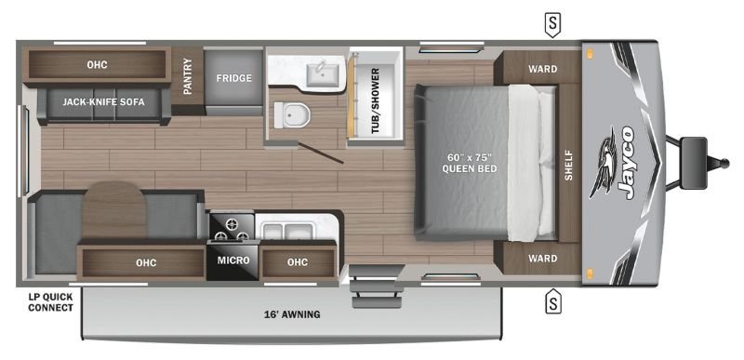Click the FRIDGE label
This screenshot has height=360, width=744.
tap(234, 78)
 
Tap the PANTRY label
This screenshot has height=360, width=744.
tap(188, 76)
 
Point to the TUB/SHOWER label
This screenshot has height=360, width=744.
tap(376, 100)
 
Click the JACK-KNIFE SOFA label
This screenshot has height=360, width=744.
tap(104, 102)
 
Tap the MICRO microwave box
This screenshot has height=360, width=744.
tap(233, 260)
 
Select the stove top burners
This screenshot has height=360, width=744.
tap(232, 227)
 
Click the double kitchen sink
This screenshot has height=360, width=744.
tap(288, 232)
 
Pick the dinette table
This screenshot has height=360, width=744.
tap(113, 211)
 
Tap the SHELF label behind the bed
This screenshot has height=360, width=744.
tap(569, 165)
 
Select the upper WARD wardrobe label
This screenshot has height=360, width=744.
tap(543, 69)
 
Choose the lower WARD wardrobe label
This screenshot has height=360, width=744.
tap(543, 259)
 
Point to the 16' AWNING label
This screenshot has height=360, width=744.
tap(292, 314)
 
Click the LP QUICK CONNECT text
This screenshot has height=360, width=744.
tap(51, 302)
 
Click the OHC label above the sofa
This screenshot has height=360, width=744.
tap(98, 64)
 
